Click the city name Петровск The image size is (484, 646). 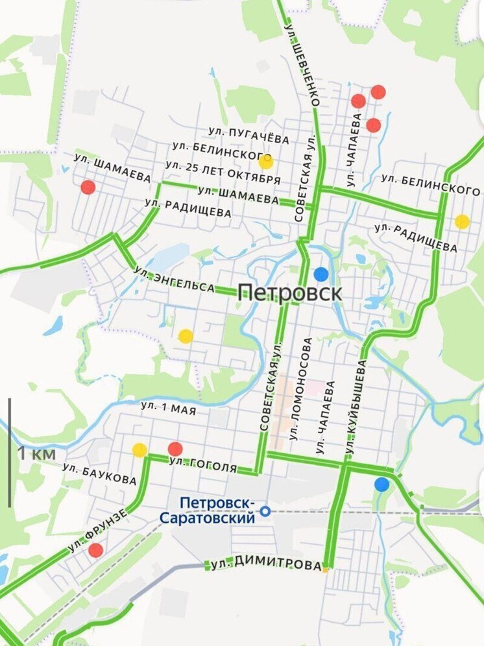[x=289, y=292]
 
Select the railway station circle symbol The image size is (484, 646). [x=265, y=512]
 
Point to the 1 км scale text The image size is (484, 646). [x=36, y=453]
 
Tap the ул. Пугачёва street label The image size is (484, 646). [x=254, y=136]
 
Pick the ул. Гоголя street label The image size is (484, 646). [x=212, y=465]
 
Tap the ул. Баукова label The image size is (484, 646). [x=100, y=475]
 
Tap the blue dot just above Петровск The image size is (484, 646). [x=321, y=274]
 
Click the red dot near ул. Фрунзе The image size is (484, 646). [x=95, y=551]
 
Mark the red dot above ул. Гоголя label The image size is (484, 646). [x=175, y=449]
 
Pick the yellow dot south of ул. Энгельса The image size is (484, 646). [x=186, y=336]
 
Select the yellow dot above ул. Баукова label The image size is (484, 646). [x=139, y=450]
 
